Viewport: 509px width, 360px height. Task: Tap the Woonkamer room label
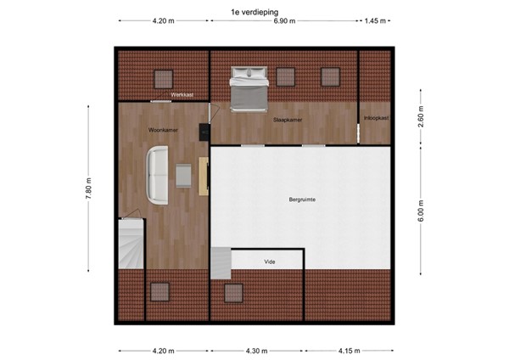[x=162, y=130]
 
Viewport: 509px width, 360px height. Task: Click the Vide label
[x=270, y=262]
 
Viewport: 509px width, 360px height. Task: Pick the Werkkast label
[x=182, y=95]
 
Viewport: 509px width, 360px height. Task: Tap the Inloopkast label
[x=375, y=117]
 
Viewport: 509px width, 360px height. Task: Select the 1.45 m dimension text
[x=375, y=21]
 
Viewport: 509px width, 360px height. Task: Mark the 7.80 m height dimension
[x=88, y=188]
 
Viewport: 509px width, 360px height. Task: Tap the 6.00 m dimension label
[x=421, y=209]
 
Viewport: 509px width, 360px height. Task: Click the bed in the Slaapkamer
[x=249, y=92]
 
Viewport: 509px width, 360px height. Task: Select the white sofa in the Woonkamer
[x=158, y=175]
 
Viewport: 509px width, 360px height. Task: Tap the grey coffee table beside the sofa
[x=184, y=174]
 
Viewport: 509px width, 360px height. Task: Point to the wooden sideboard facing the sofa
[x=204, y=176]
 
